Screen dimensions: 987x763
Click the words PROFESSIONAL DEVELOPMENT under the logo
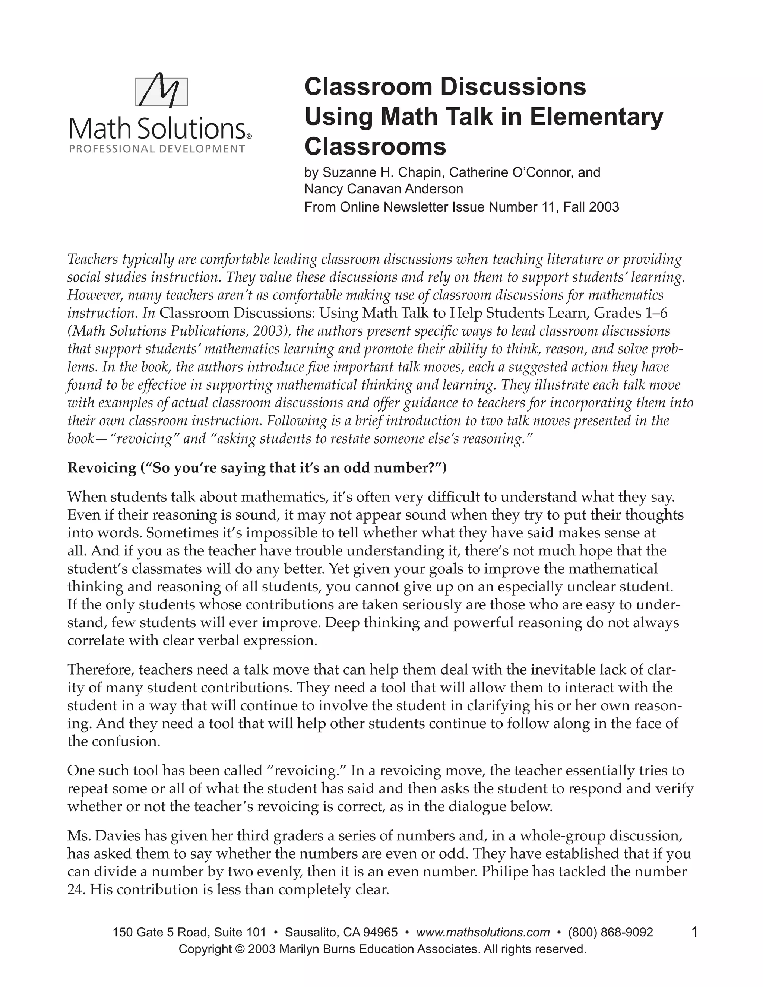coord(157,149)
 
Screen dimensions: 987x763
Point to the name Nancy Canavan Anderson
coord(384,188)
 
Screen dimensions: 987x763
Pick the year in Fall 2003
coord(604,207)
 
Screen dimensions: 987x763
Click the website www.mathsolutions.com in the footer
coord(483,932)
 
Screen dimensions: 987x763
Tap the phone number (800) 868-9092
coord(610,932)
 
